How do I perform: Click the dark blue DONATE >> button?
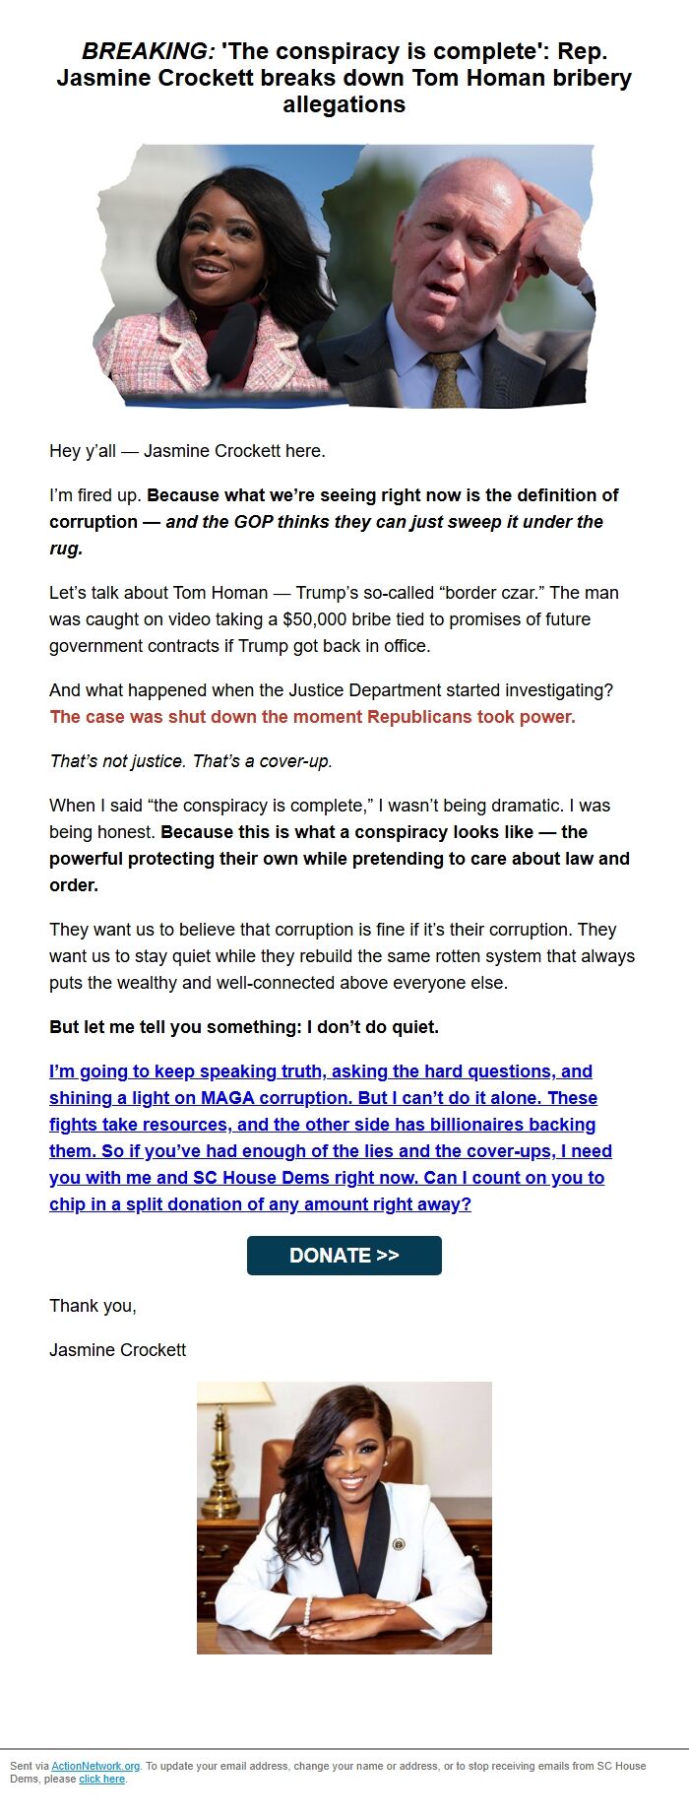[x=344, y=1256]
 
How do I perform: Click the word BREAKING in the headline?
[x=148, y=51]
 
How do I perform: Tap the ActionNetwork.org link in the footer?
[x=95, y=1766]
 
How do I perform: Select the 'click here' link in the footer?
[x=101, y=1779]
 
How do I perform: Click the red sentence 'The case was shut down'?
[x=312, y=717]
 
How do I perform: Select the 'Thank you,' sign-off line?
[x=93, y=1306]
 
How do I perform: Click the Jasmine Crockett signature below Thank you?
[x=117, y=1350]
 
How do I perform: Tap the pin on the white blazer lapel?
[x=399, y=1544]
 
